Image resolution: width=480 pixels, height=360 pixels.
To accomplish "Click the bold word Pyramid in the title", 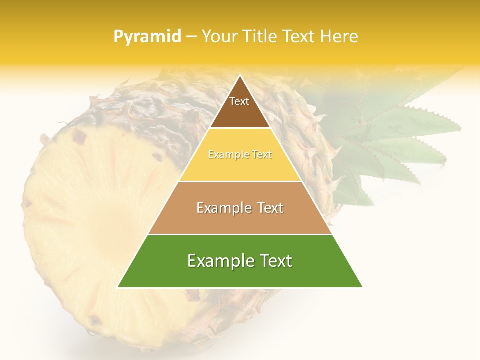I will tap(147, 36).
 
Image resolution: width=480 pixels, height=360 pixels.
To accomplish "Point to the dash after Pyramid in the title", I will tap(191, 37).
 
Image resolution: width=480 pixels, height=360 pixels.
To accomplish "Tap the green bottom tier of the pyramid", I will tap(240, 275).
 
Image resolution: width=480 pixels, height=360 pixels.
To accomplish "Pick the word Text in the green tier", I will tap(275, 261).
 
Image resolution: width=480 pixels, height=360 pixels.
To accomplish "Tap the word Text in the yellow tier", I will tap(262, 155).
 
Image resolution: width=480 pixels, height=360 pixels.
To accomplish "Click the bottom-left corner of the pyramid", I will tap(118, 287).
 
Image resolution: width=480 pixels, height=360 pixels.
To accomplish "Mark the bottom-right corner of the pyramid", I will tap(362, 287).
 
